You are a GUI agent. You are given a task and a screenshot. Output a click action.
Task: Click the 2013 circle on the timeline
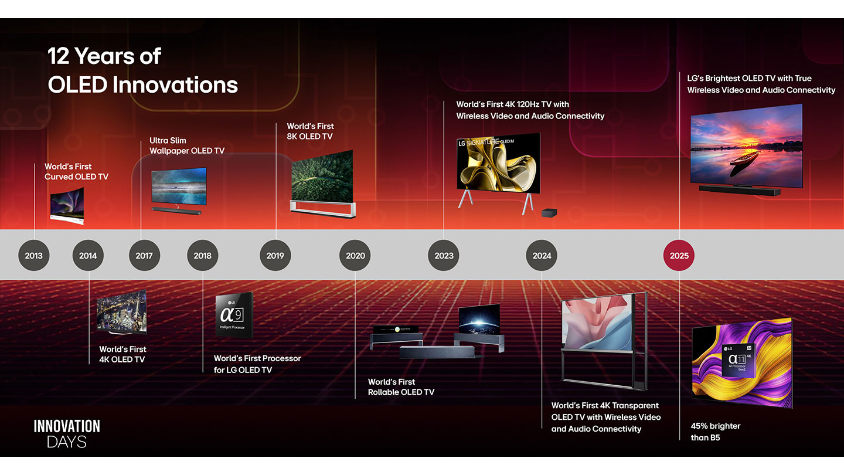click(x=34, y=256)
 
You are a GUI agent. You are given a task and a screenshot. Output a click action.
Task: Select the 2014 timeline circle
click(x=88, y=256)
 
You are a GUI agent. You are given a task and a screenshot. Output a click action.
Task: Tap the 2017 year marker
click(x=144, y=256)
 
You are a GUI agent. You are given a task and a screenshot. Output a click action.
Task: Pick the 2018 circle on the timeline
click(x=203, y=256)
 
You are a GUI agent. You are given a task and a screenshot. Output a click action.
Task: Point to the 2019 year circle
click(x=275, y=256)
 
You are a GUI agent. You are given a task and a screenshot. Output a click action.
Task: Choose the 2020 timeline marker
click(x=355, y=256)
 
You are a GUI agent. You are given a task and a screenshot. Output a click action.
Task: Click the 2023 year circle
click(x=444, y=256)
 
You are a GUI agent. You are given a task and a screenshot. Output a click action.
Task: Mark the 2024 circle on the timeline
click(x=542, y=256)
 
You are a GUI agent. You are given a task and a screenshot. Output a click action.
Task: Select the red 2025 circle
click(x=679, y=256)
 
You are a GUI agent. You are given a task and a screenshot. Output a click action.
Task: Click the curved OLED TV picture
click(x=67, y=206)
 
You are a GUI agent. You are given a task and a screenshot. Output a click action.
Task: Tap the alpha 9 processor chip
click(x=234, y=314)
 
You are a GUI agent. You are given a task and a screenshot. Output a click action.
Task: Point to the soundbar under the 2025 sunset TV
click(x=740, y=190)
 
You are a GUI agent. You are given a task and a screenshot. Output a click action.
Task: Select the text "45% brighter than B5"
click(x=715, y=432)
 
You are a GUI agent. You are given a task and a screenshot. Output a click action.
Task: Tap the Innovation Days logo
click(x=67, y=434)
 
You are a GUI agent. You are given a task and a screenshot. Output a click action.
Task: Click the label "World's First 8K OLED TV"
click(x=310, y=131)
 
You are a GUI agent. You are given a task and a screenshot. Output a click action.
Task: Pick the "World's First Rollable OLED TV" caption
click(x=401, y=387)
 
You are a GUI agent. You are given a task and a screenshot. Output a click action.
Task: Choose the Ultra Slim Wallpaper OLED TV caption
click(x=187, y=145)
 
